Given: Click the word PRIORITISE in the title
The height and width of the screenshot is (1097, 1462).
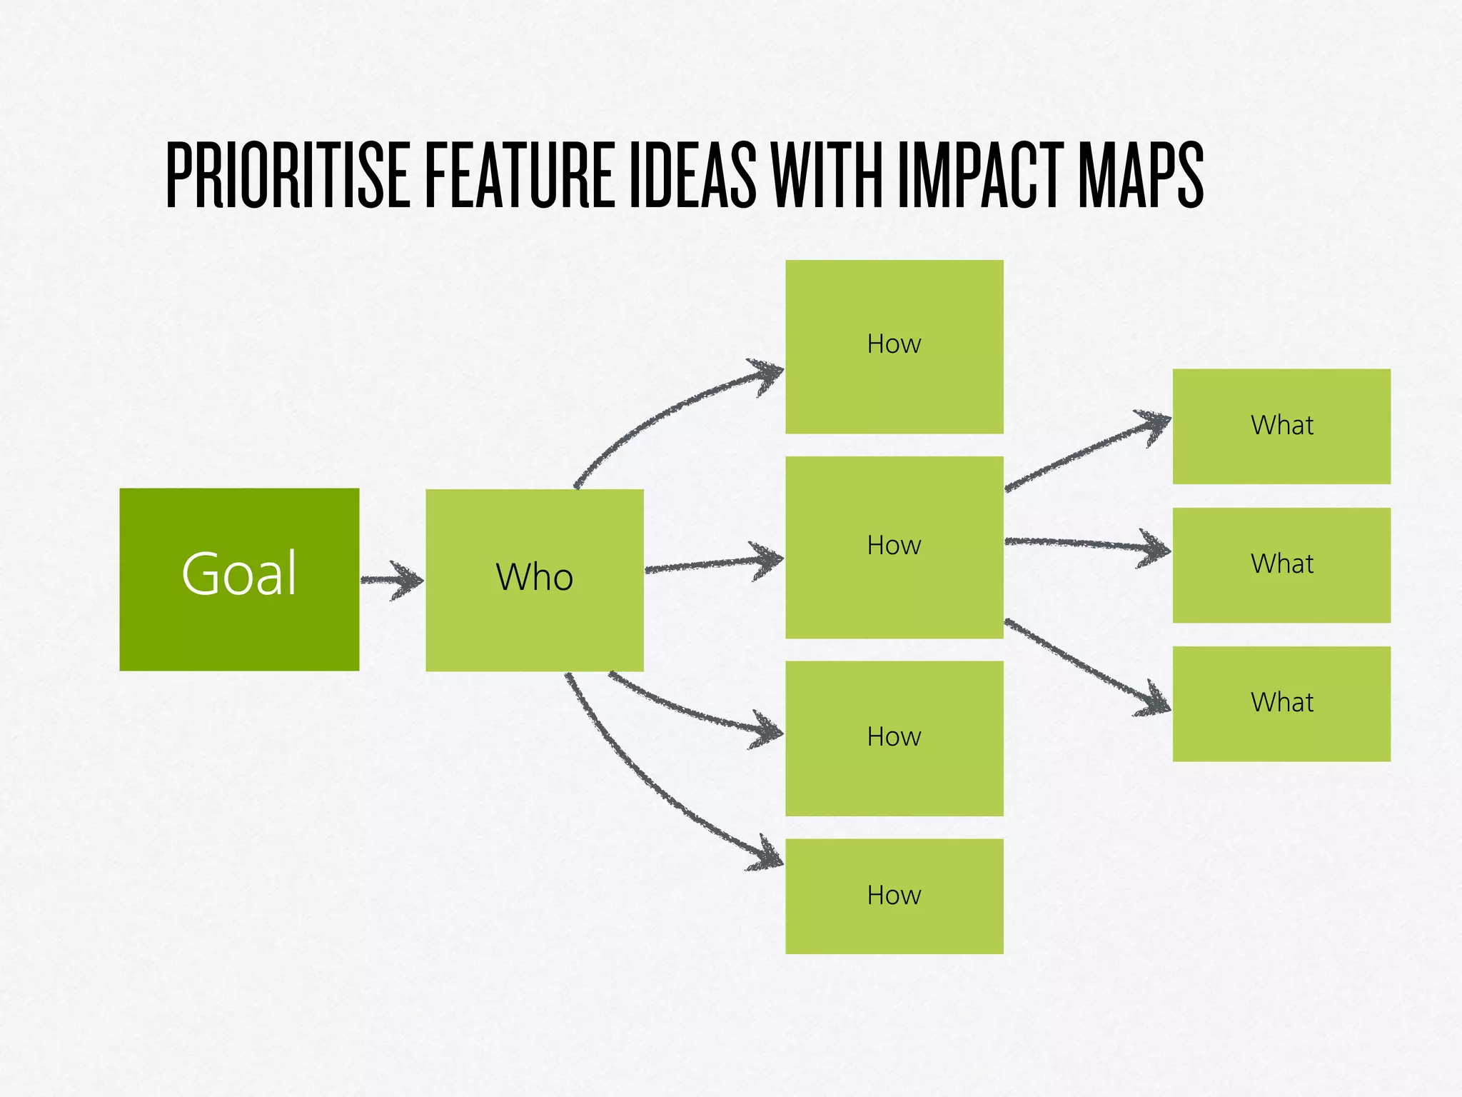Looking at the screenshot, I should [x=288, y=175].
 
